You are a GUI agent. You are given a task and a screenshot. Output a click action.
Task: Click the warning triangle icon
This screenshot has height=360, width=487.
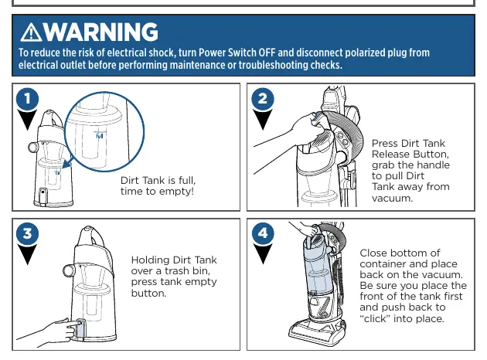pyautogui.click(x=31, y=32)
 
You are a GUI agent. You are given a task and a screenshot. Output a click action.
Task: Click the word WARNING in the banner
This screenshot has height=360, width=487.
pyautogui.click(x=100, y=32)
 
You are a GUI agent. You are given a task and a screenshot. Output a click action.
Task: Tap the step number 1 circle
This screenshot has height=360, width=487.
pyautogui.click(x=27, y=99)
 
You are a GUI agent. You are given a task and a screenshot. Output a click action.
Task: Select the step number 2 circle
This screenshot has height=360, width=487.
pyautogui.click(x=263, y=99)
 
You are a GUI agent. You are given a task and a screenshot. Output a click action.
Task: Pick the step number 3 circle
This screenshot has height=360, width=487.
pyautogui.click(x=27, y=233)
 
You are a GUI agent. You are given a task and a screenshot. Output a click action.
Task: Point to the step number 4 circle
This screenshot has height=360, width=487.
pyautogui.click(x=263, y=233)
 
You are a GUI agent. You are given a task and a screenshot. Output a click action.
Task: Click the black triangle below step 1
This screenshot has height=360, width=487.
pyautogui.click(x=27, y=120)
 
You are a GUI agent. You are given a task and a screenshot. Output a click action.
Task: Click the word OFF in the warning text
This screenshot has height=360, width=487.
pyautogui.click(x=267, y=53)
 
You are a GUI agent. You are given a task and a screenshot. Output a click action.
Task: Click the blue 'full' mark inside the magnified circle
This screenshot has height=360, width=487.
pyautogui.click(x=100, y=136)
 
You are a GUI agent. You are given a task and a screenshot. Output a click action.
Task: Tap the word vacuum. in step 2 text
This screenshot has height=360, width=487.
pyautogui.click(x=392, y=198)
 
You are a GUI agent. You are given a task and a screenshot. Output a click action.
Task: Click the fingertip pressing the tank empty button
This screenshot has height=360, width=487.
pyautogui.click(x=76, y=324)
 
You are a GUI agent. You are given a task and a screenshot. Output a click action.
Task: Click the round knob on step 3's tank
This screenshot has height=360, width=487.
pyautogui.click(x=69, y=270)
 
